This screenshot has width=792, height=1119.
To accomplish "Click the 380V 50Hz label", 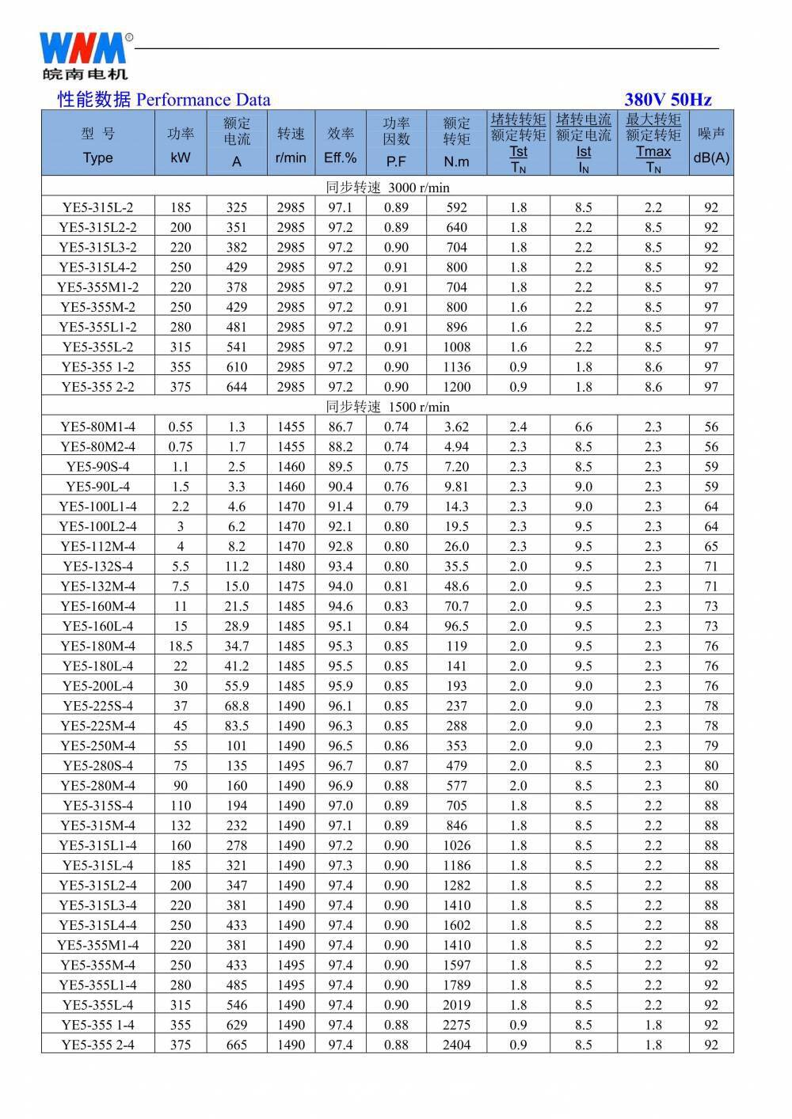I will pyautogui.click(x=668, y=100).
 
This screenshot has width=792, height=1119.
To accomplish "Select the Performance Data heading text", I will pyautogui.click(x=164, y=100).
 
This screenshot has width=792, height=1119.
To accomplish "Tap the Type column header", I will pyautogui.click(x=97, y=157).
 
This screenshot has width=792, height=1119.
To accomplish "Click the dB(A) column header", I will pyautogui.click(x=710, y=157).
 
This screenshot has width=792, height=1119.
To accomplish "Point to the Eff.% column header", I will pyautogui.click(x=341, y=157).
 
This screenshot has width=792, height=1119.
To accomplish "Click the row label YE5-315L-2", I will pyautogui.click(x=97, y=207).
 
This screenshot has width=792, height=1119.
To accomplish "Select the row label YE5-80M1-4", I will pyautogui.click(x=97, y=427).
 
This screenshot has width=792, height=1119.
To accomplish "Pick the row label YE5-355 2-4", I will pyautogui.click(x=97, y=1045).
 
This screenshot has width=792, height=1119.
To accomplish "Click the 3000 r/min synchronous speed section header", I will pyautogui.click(x=387, y=188).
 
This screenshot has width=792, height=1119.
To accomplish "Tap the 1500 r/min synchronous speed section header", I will pyautogui.click(x=387, y=407).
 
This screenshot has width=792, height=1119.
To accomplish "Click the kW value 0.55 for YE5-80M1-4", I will pyautogui.click(x=181, y=427).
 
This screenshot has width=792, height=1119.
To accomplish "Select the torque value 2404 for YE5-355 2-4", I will pyautogui.click(x=456, y=1045).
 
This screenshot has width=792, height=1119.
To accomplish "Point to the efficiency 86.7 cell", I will pyautogui.click(x=341, y=427).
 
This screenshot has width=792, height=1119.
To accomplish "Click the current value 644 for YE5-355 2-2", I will pyautogui.click(x=236, y=387).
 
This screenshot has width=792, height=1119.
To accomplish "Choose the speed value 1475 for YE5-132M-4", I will pyautogui.click(x=291, y=586).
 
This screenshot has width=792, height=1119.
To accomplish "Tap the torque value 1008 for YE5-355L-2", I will pyautogui.click(x=456, y=347).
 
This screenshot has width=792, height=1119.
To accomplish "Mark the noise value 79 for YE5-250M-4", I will pyautogui.click(x=710, y=745).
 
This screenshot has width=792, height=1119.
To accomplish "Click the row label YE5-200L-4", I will pyautogui.click(x=97, y=686).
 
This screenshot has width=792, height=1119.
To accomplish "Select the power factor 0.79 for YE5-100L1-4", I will pyautogui.click(x=396, y=506).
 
